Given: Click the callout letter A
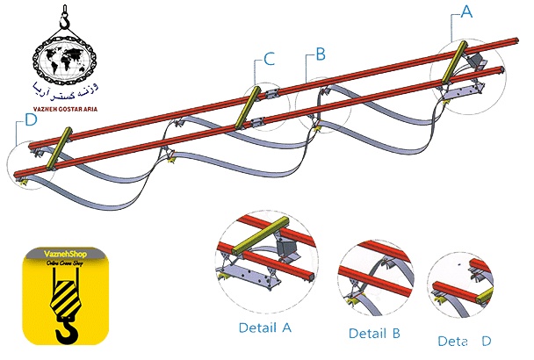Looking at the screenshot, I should pos(467,11).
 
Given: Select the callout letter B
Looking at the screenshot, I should pos(321,54).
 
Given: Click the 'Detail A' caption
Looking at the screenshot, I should pos(265,328).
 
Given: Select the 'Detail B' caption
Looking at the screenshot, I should pos(375,334).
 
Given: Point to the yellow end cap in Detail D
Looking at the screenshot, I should pos(437,298).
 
